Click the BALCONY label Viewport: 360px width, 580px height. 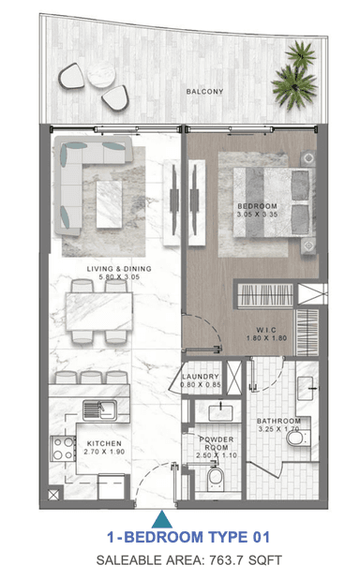point(204,91)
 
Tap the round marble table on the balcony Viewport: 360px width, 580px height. point(101,74)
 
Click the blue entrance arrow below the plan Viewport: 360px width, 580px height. point(161,519)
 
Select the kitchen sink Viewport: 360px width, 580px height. point(99,409)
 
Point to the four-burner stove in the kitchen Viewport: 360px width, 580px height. point(63,448)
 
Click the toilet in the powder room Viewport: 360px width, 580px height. point(216,479)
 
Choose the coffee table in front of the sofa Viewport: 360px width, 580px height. point(109,204)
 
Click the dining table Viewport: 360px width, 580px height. point(98,311)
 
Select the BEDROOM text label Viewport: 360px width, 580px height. point(257,206)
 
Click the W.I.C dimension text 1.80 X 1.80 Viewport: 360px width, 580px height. point(266,337)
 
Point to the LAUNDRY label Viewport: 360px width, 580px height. point(201,376)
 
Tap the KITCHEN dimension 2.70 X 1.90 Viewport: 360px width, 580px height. point(104,452)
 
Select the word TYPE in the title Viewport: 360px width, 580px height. point(227,537)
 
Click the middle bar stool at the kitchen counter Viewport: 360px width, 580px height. point(91,378)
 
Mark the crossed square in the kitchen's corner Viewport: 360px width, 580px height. point(53,495)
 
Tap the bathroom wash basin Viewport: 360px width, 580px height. point(306,388)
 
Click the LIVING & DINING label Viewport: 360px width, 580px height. point(119,269)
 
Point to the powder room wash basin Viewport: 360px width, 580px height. point(220,413)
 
